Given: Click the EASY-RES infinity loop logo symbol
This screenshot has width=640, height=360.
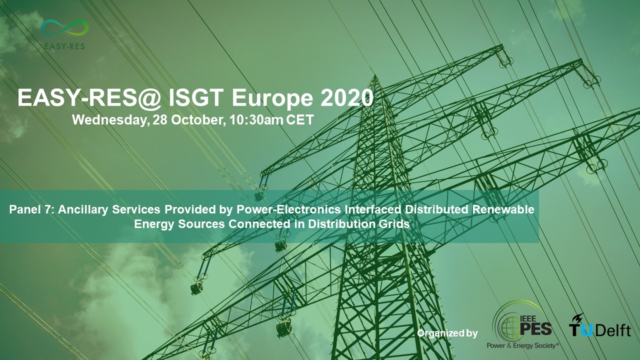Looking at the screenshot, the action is click(x=65, y=27).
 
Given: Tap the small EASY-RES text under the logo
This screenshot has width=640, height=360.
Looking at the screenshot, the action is click(x=65, y=46).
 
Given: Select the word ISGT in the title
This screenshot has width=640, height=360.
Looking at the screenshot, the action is click(x=196, y=97).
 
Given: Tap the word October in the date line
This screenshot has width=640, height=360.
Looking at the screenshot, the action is click(x=197, y=119).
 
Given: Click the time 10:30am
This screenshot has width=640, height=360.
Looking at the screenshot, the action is click(x=256, y=119).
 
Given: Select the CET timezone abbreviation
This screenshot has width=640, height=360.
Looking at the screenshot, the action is click(x=300, y=119).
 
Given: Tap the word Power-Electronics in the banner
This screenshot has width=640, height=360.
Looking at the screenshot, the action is click(x=288, y=209).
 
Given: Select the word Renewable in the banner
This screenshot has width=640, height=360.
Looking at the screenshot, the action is click(x=503, y=209).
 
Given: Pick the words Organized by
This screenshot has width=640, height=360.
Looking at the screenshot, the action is click(x=447, y=333).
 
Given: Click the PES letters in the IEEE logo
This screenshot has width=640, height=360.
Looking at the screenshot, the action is click(x=535, y=328).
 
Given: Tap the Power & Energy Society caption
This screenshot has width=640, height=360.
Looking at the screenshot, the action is click(x=522, y=345).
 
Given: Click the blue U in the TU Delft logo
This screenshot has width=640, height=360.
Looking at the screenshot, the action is click(x=586, y=330).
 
